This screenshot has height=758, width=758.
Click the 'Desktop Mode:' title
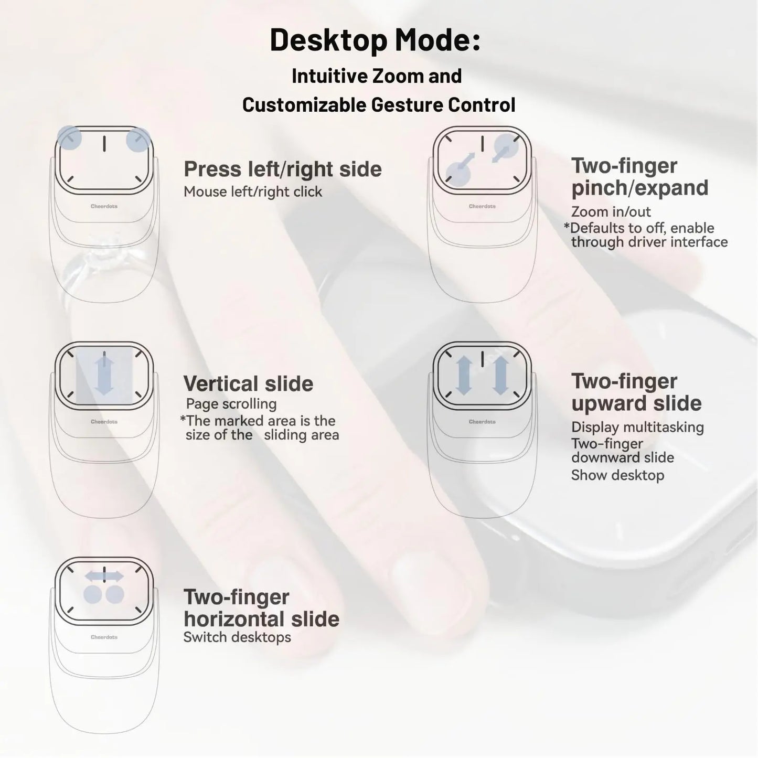(x=375, y=40)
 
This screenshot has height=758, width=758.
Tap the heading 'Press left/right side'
(x=283, y=169)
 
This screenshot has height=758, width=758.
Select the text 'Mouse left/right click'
(x=253, y=192)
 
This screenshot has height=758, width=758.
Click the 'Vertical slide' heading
(x=248, y=383)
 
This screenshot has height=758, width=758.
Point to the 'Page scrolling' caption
(x=231, y=404)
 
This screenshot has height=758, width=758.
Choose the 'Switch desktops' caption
(x=237, y=637)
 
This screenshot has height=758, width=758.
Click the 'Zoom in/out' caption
(x=611, y=212)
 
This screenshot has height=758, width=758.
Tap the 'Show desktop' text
(x=617, y=475)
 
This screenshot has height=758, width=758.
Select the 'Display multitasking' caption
(x=637, y=427)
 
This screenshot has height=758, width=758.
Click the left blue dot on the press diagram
(x=69, y=138)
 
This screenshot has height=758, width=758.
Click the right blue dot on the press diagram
(x=138, y=140)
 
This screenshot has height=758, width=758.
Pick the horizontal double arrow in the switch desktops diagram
(x=104, y=576)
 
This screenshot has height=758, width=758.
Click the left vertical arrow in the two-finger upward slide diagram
(x=464, y=376)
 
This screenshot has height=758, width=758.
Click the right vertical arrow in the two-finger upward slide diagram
(x=500, y=376)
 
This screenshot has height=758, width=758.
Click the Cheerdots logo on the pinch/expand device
(x=482, y=207)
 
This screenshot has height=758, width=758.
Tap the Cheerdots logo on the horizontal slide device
(x=104, y=637)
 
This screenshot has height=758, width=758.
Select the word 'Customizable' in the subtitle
(x=304, y=105)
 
